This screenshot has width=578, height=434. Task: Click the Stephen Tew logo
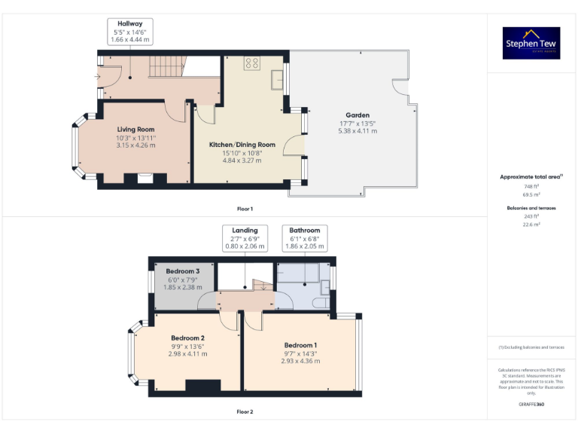pos(532,43)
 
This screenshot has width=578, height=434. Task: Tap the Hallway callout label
pos(130,23)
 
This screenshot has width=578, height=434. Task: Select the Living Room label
pos(135,130)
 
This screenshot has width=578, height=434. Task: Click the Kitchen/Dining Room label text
pos(242,145)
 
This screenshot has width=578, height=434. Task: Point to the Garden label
pos(357,115)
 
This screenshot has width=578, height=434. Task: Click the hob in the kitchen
pos(251,64)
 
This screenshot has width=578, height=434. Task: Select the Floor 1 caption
pos(245,209)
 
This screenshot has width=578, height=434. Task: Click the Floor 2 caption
pos(245,412)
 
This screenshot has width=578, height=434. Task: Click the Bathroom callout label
pos(305,230)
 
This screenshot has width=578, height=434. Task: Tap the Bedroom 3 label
pos(183,271)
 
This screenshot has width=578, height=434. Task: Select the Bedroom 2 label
pos(187,338)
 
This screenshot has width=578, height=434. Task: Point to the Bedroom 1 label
pos(300,345)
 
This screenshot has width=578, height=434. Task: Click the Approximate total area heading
pos(531,177)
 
